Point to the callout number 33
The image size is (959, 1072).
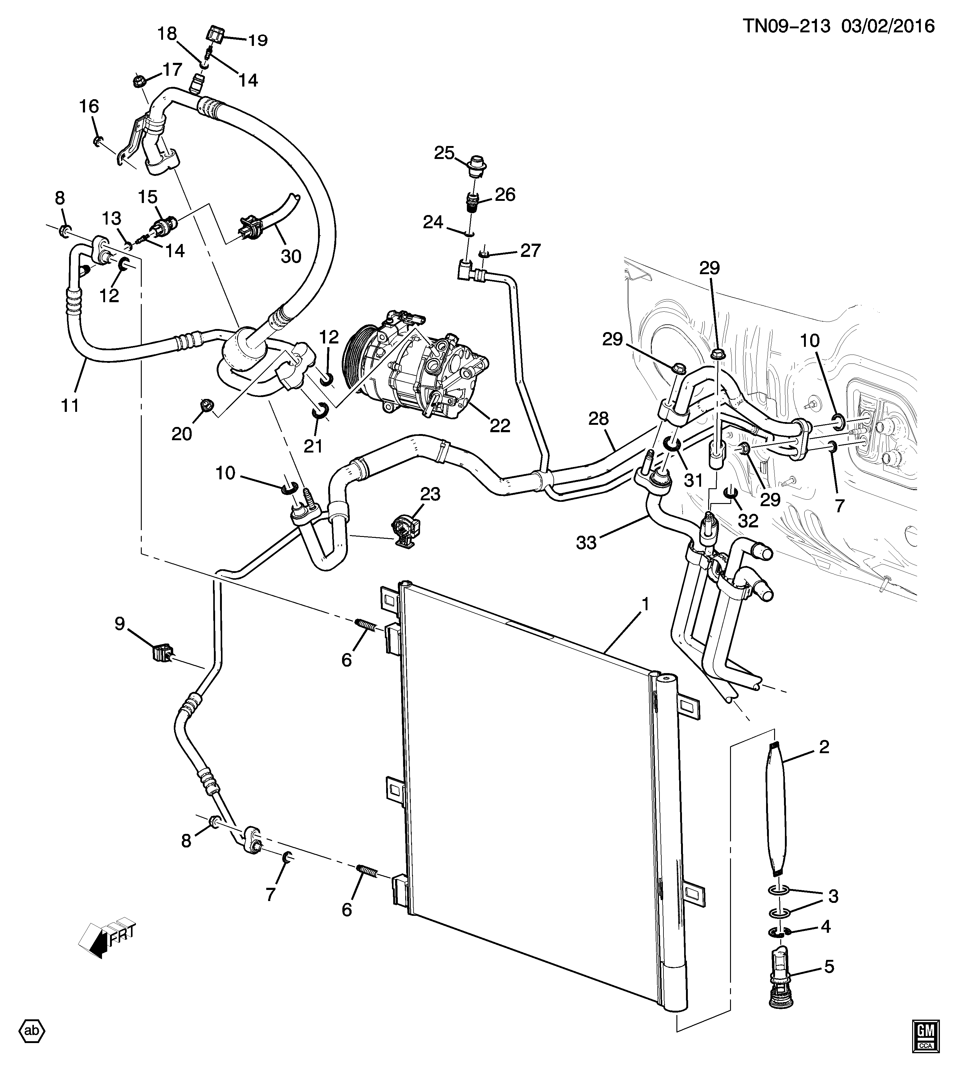pyautogui.click(x=586, y=542)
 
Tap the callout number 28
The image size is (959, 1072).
pyautogui.click(x=598, y=419)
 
